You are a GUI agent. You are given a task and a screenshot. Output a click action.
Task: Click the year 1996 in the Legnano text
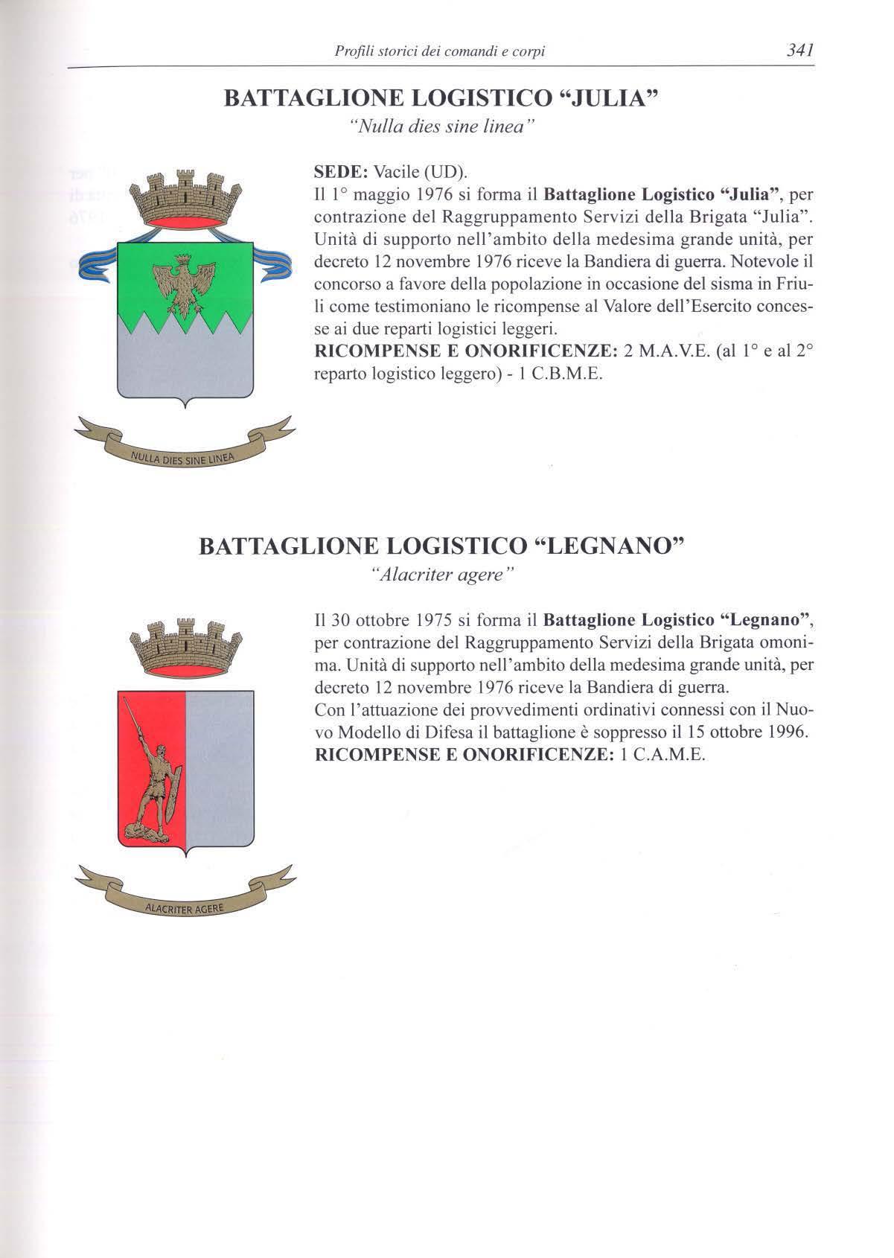[788, 732]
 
